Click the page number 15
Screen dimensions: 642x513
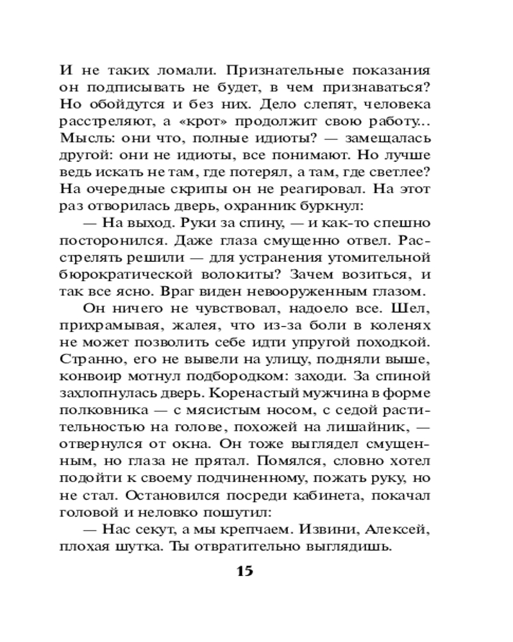pyautogui.click(x=245, y=571)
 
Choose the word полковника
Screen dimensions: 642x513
pyautogui.click(x=105, y=410)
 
